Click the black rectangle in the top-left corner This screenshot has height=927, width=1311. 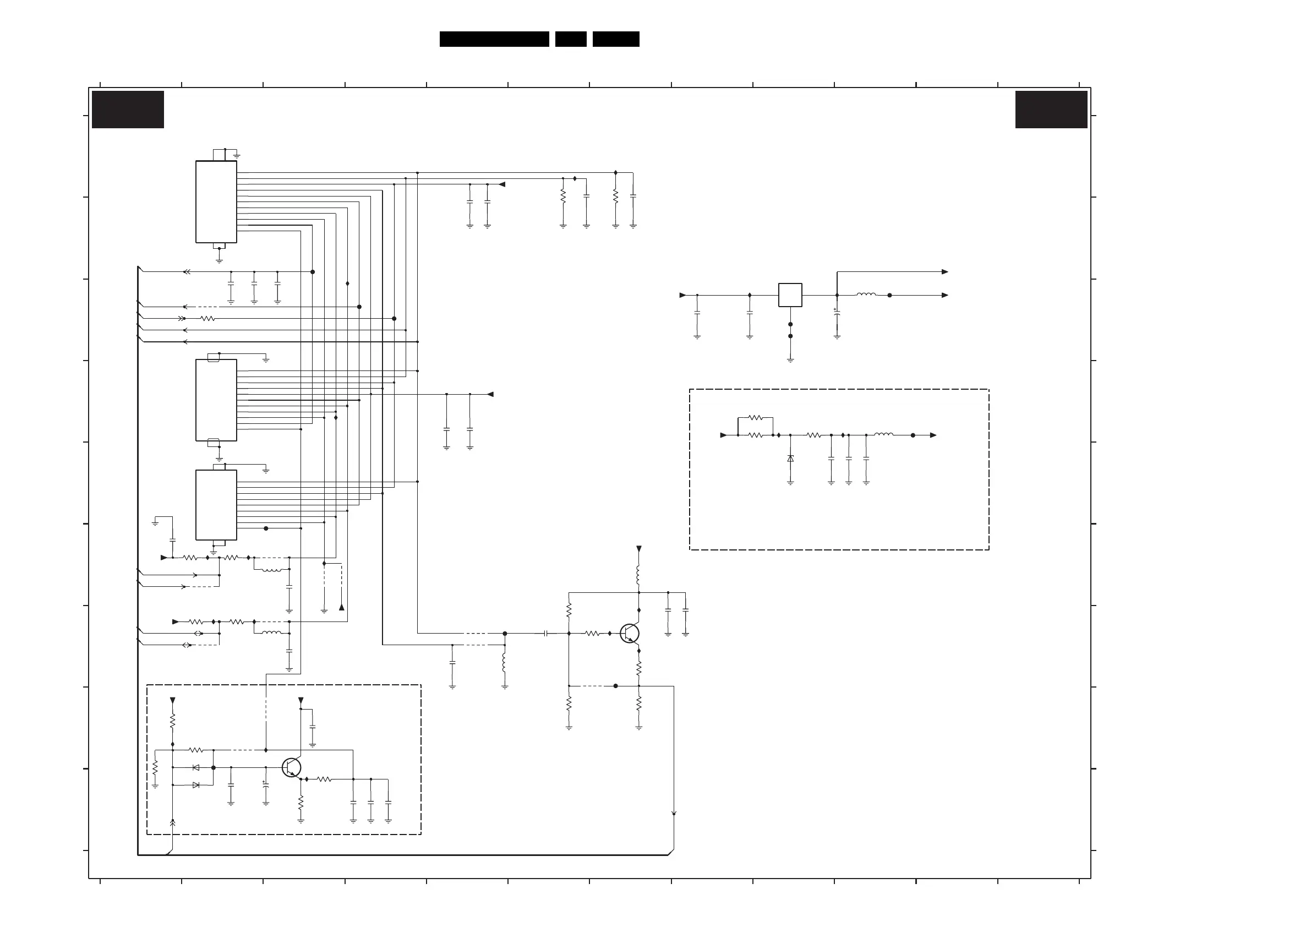tap(128, 109)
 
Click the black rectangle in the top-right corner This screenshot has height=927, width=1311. tap(1051, 109)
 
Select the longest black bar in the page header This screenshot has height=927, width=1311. tap(494, 39)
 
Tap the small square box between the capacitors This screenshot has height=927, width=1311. tap(790, 295)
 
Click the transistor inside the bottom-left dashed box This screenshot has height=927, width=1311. tap(292, 768)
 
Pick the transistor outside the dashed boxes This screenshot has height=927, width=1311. tap(630, 634)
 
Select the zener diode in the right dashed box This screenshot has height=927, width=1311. tap(790, 459)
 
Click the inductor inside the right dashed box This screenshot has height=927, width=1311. tap(883, 435)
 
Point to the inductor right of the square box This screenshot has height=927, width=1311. tap(866, 295)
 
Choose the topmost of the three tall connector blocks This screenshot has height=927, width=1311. tap(216, 201)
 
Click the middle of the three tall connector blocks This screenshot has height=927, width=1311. tap(216, 400)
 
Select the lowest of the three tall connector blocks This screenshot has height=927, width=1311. tap(216, 505)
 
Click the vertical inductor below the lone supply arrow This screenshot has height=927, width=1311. tap(638, 574)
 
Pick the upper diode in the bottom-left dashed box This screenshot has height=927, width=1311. tap(196, 768)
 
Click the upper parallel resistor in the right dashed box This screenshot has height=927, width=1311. tap(756, 417)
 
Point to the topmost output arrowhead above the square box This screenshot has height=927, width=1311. tap(945, 272)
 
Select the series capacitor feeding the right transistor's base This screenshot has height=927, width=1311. tap(546, 634)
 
